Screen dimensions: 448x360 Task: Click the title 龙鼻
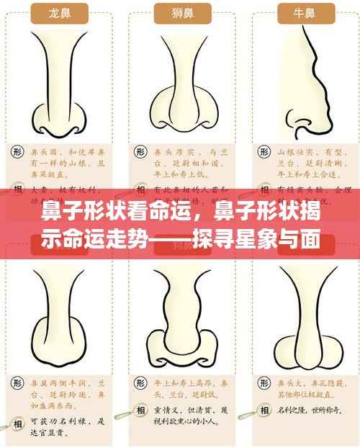58,14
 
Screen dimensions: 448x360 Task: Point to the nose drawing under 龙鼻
58,79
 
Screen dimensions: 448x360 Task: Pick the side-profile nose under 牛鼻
306,79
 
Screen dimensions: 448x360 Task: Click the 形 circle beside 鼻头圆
17,153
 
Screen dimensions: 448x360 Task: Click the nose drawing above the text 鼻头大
305,310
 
